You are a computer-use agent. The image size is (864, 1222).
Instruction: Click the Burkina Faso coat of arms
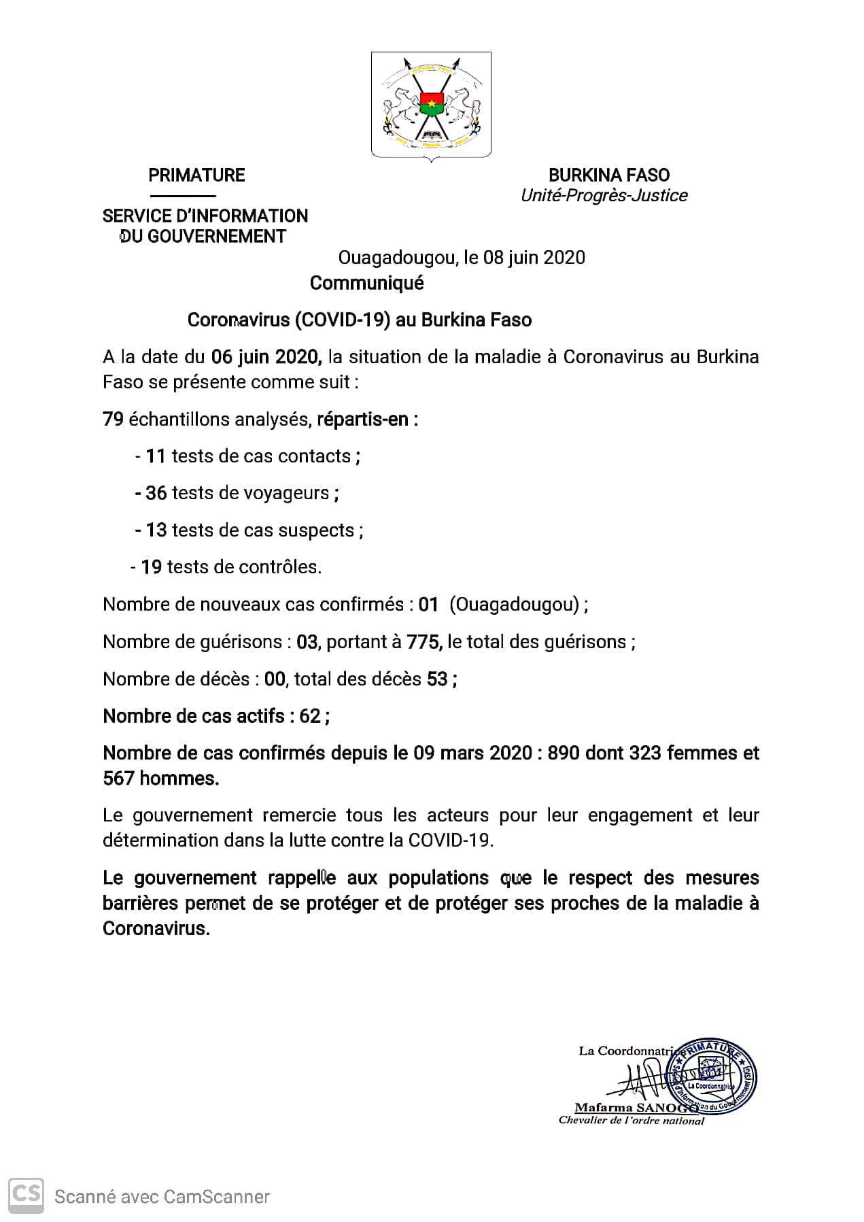(x=431, y=106)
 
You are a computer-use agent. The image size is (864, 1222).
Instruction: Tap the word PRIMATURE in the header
(x=196, y=175)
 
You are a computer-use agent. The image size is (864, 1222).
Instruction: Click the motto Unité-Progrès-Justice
(x=604, y=196)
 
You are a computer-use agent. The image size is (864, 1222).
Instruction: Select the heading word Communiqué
(x=366, y=283)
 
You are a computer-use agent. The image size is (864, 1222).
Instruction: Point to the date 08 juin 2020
(x=534, y=258)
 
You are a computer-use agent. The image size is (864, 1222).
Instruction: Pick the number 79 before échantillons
(x=113, y=420)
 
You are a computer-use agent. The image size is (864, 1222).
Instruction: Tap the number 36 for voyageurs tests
(x=156, y=493)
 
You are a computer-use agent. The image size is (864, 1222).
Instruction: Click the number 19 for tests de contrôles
(x=151, y=567)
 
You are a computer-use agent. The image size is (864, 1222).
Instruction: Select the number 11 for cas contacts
(x=156, y=456)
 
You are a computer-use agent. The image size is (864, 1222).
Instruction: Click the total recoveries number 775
(x=424, y=641)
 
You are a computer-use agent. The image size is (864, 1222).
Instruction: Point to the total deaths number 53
(x=437, y=679)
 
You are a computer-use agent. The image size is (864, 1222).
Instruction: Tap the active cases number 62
(x=310, y=716)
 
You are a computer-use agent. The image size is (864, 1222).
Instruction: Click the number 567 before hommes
(x=118, y=778)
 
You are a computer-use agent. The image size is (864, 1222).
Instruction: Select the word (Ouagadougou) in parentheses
(x=514, y=605)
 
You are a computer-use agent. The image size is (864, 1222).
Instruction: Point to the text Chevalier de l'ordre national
(x=631, y=1121)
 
